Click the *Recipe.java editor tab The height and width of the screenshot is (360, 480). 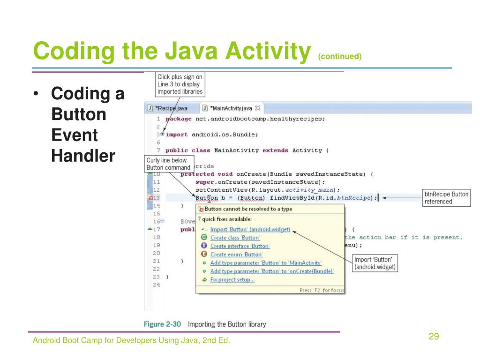[172, 108]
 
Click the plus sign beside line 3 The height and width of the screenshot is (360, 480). [163, 134]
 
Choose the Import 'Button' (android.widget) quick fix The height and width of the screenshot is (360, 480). [250, 229]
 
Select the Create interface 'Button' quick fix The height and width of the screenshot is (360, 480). [240, 246]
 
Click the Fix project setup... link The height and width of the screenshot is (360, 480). [232, 280]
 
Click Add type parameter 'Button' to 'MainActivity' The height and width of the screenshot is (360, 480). [266, 263]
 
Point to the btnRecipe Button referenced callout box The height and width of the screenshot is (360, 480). [446, 198]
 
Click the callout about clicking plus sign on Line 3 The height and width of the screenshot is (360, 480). [180, 84]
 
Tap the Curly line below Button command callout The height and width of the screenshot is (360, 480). [168, 164]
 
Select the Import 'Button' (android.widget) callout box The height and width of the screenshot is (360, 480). [376, 263]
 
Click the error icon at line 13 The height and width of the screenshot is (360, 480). [150, 198]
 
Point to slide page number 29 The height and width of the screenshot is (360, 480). [434, 337]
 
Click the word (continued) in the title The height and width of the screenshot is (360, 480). [340, 57]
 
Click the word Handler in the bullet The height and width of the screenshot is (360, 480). [83, 156]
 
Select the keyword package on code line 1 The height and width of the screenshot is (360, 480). [179, 119]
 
